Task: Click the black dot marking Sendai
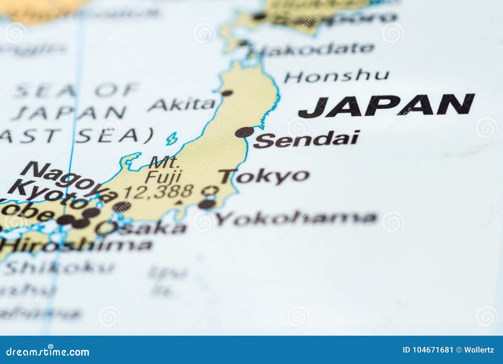tap(244, 132)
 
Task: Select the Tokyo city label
tap(264, 176)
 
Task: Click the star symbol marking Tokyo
tap(210, 190)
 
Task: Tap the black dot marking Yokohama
tap(206, 204)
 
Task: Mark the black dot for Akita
tap(227, 93)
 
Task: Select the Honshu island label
tap(336, 76)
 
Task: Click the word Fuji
tap(163, 176)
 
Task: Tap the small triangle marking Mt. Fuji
tap(180, 202)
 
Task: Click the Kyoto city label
tap(47, 194)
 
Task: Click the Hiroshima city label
tap(75, 245)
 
